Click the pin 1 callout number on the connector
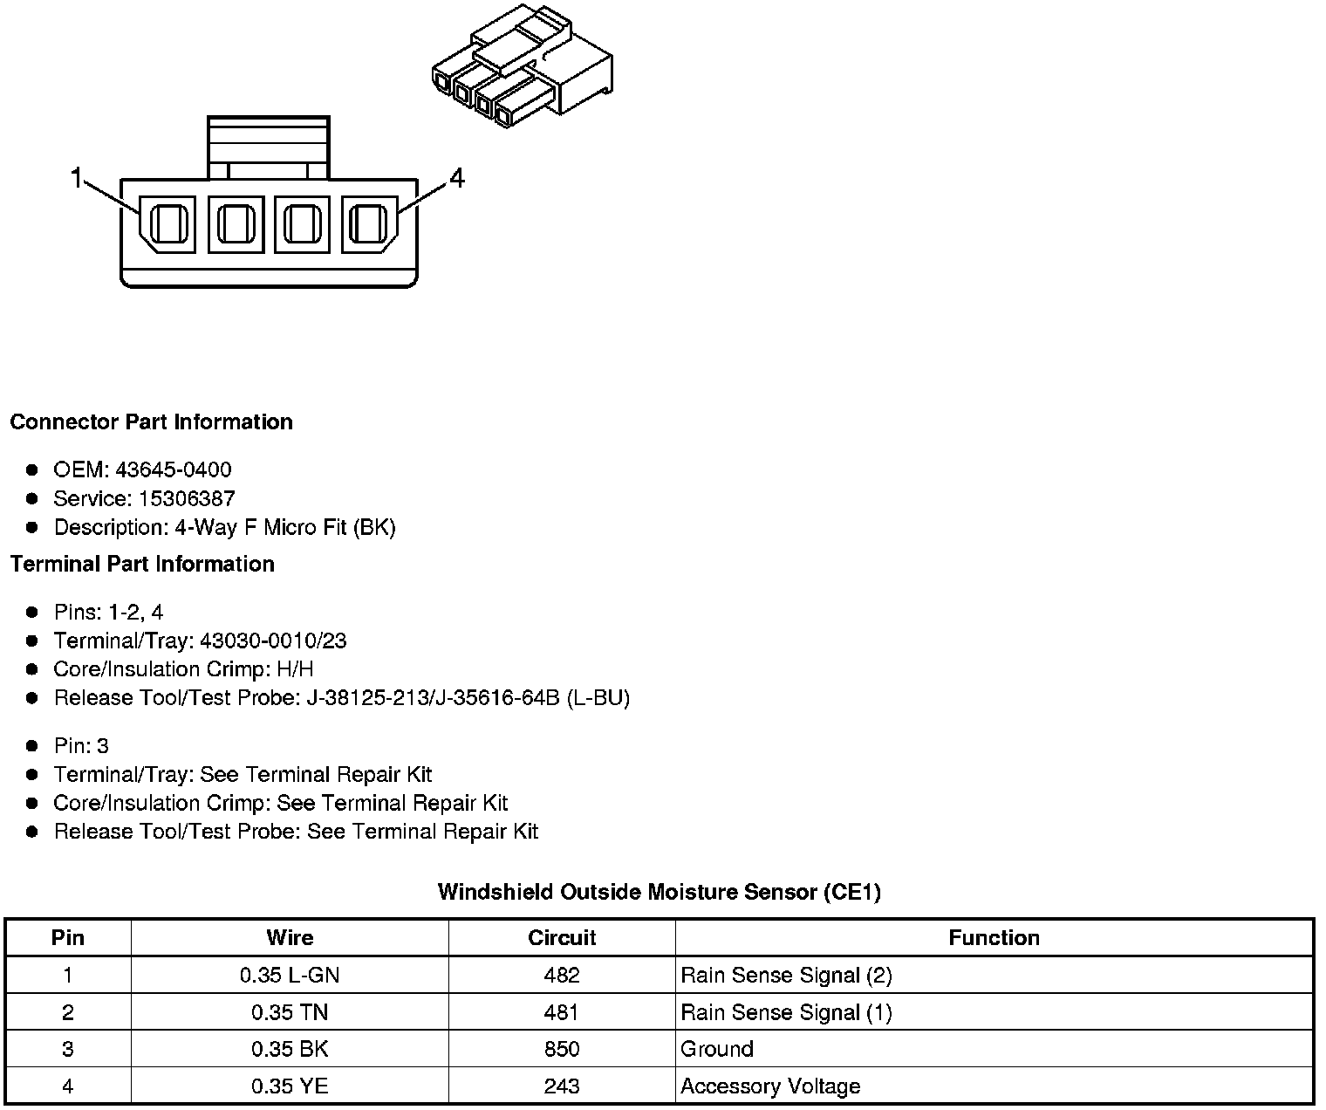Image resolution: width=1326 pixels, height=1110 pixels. [77, 178]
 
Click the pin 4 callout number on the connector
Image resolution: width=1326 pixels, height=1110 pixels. [457, 178]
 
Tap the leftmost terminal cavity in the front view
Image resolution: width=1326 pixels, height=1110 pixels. [168, 224]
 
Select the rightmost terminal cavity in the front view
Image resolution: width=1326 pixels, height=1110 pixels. [369, 224]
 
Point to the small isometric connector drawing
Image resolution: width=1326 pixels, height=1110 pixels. [522, 70]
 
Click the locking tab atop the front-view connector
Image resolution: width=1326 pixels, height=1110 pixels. [268, 147]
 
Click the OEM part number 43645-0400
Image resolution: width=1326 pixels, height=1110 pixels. [174, 469]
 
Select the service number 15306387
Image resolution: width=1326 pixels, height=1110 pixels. [187, 498]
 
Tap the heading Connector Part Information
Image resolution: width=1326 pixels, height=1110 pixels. [151, 421]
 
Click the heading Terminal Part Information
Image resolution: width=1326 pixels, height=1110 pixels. [142, 564]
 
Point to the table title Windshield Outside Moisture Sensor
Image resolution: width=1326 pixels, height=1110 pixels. [659, 892]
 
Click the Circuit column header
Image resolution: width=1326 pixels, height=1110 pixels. [562, 937]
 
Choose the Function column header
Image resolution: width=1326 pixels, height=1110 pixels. [994, 937]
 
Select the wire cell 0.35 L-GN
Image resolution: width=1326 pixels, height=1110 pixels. [290, 975]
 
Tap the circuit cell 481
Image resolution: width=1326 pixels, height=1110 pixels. [562, 1012]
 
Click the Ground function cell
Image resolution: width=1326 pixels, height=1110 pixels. [717, 1049]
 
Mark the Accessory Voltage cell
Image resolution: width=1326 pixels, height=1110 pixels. [770, 1086]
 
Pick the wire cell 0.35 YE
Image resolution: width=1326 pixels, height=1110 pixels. [290, 1086]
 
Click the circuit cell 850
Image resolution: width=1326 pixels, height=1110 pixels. [562, 1049]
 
